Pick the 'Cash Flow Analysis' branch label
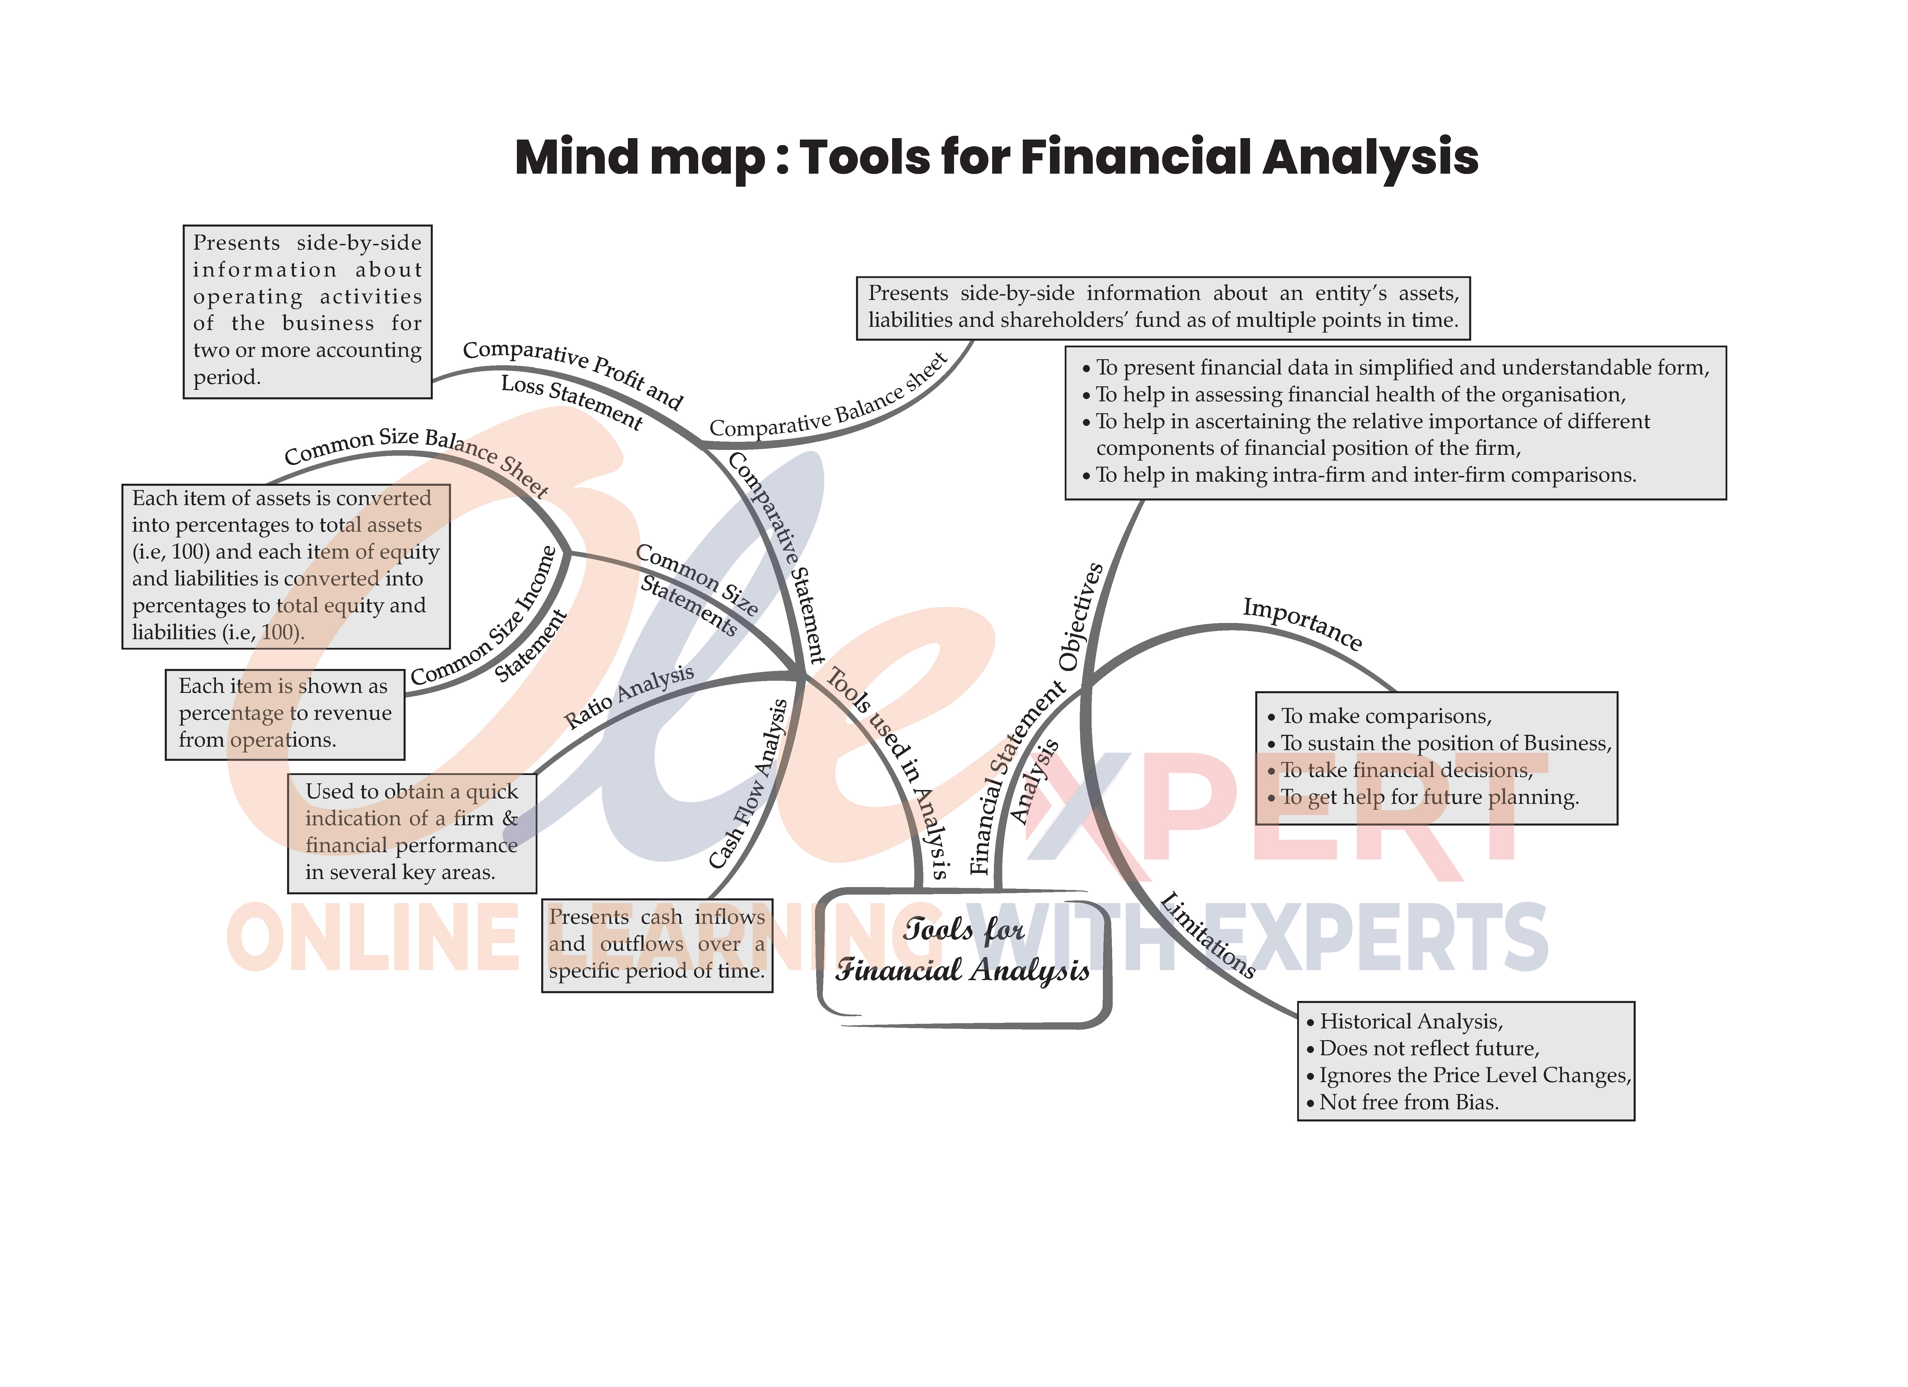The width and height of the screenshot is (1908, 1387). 749,784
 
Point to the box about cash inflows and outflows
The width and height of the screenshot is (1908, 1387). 657,945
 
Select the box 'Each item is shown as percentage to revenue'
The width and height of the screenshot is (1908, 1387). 284,713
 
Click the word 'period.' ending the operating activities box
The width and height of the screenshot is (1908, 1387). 227,378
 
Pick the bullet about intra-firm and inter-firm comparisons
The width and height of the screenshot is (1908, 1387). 1365,475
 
